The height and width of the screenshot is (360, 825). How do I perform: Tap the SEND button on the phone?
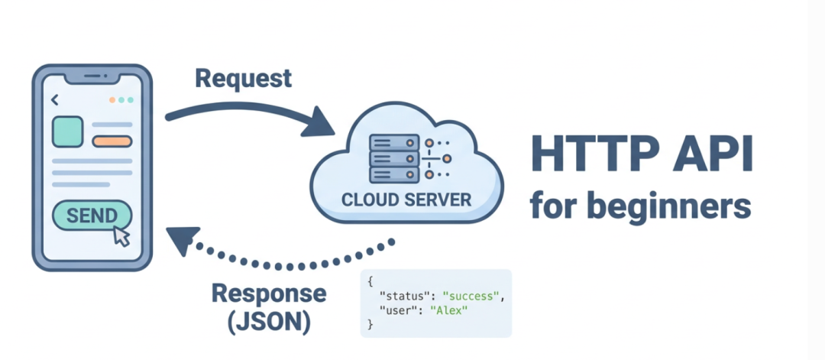(x=91, y=216)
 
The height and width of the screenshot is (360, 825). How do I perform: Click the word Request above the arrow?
(x=243, y=78)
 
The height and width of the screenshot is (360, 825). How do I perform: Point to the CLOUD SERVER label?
(x=406, y=199)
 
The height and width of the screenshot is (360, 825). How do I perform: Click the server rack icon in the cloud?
(x=394, y=159)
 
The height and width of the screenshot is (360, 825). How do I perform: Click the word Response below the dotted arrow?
(x=268, y=294)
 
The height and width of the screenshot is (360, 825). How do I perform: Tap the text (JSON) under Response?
(x=269, y=322)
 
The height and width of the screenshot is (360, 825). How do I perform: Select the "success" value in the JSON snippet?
(x=471, y=296)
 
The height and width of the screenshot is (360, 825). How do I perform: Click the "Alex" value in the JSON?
(x=448, y=310)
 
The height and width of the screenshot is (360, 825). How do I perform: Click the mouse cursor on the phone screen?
(x=121, y=235)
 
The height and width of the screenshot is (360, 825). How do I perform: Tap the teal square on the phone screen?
(x=67, y=131)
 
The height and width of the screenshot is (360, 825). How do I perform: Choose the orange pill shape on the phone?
(x=112, y=141)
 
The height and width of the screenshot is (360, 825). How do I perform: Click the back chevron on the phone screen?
(x=54, y=100)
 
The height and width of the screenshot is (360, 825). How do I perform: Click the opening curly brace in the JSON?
(x=370, y=281)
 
